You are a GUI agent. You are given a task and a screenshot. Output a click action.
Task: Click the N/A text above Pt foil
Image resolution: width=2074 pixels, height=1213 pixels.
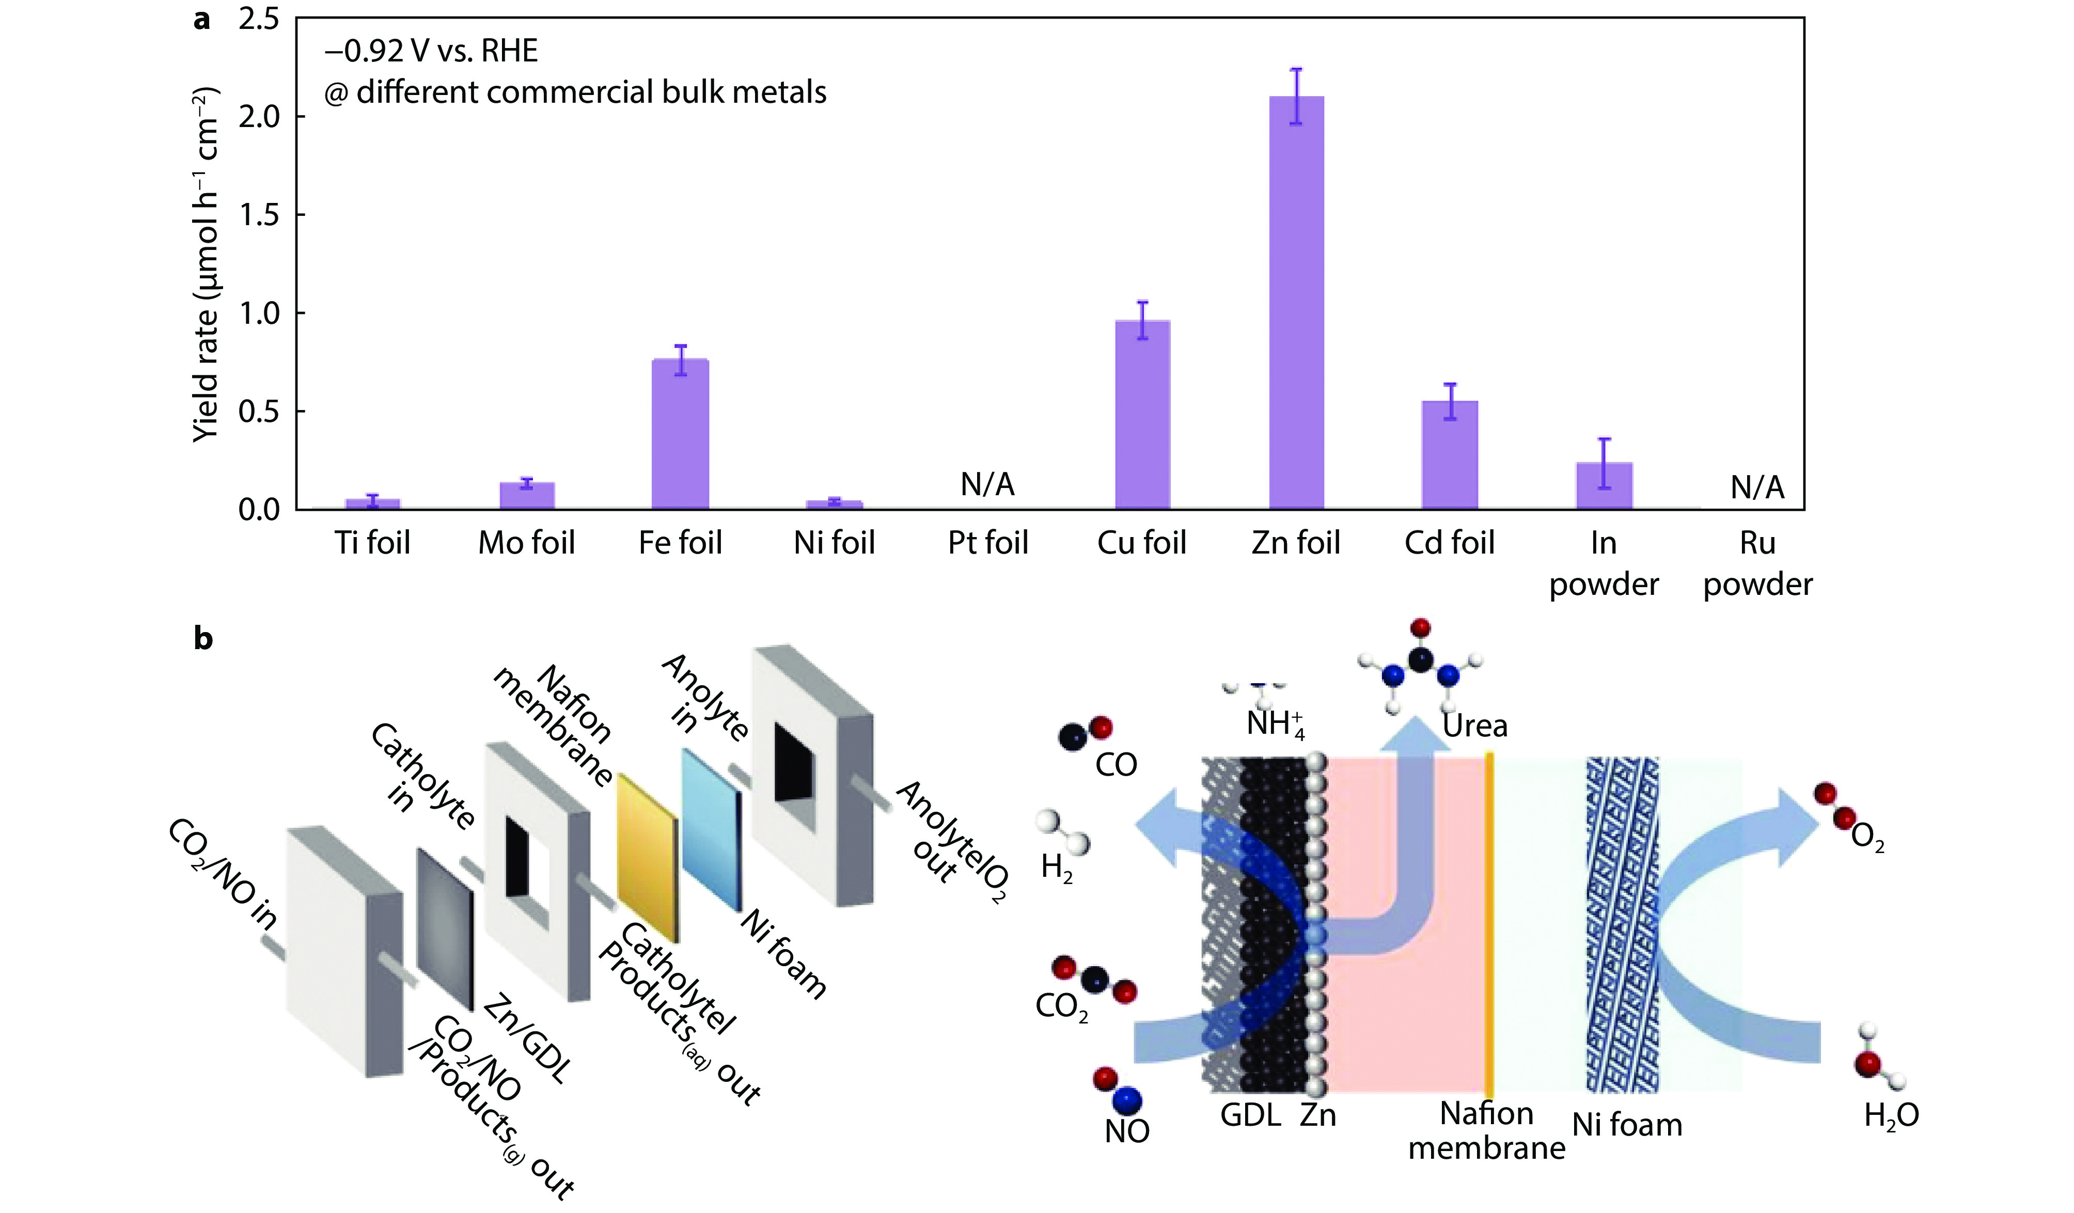tap(987, 485)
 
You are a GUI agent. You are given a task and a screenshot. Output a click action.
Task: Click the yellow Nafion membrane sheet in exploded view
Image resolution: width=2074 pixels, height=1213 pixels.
tap(648, 856)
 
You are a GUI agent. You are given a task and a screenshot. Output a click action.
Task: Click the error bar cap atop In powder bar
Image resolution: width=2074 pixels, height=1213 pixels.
tap(1604, 439)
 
